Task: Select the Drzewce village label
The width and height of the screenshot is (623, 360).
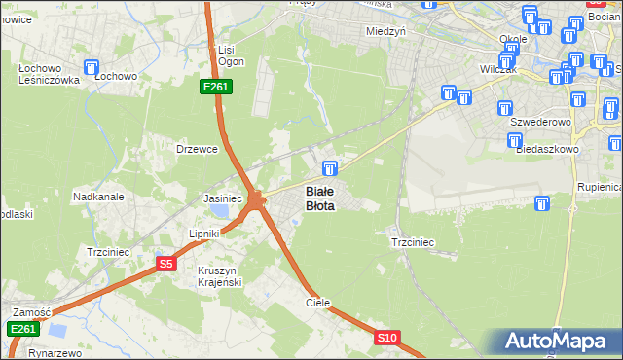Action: click(195, 149)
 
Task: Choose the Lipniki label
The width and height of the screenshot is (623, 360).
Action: click(206, 234)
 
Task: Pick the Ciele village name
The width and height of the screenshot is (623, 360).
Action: click(318, 303)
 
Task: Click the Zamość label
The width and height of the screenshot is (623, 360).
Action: click(31, 311)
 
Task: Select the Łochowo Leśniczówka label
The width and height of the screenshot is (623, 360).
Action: click(42, 73)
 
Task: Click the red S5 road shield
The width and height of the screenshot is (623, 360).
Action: click(165, 263)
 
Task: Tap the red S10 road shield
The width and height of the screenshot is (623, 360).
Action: click(387, 338)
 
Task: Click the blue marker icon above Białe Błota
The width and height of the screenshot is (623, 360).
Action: click(330, 168)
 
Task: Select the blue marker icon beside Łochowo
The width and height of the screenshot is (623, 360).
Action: click(92, 68)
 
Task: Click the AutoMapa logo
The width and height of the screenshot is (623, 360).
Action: click(560, 342)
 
